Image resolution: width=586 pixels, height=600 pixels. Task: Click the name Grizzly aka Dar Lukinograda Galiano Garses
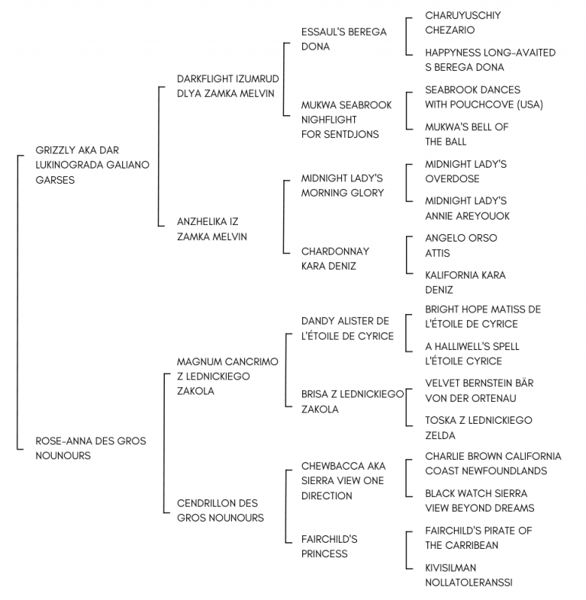[92, 165]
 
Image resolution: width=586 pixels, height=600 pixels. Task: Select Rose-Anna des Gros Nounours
[91, 448]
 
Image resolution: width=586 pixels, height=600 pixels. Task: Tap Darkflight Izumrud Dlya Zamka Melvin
[228, 86]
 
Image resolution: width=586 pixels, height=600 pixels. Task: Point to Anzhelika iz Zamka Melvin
[212, 229]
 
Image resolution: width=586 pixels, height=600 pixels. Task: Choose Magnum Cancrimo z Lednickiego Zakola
[227, 376]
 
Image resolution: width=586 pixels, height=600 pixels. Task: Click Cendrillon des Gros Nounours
[221, 511]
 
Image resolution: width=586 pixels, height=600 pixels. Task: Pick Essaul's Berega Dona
[344, 39]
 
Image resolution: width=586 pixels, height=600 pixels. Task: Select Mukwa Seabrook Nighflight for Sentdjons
[346, 120]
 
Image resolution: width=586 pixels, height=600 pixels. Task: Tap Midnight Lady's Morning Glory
[343, 185]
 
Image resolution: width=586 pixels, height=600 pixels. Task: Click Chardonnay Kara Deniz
[335, 258]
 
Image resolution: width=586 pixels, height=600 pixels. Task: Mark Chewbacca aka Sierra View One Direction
[343, 480]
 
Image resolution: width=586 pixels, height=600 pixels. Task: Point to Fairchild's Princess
[329, 547]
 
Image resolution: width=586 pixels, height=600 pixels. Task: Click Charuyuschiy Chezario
[462, 23]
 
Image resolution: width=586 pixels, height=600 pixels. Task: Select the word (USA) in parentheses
[530, 104]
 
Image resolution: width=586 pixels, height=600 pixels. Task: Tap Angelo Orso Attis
[461, 245]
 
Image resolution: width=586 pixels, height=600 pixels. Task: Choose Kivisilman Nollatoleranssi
[468, 575]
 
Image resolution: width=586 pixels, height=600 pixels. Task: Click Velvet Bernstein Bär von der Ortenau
[479, 390]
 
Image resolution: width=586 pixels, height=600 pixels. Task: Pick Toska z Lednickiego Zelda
[478, 428]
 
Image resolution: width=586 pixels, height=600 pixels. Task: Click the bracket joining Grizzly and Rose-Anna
[18, 303]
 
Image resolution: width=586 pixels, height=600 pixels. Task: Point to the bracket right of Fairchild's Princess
[407, 550]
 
